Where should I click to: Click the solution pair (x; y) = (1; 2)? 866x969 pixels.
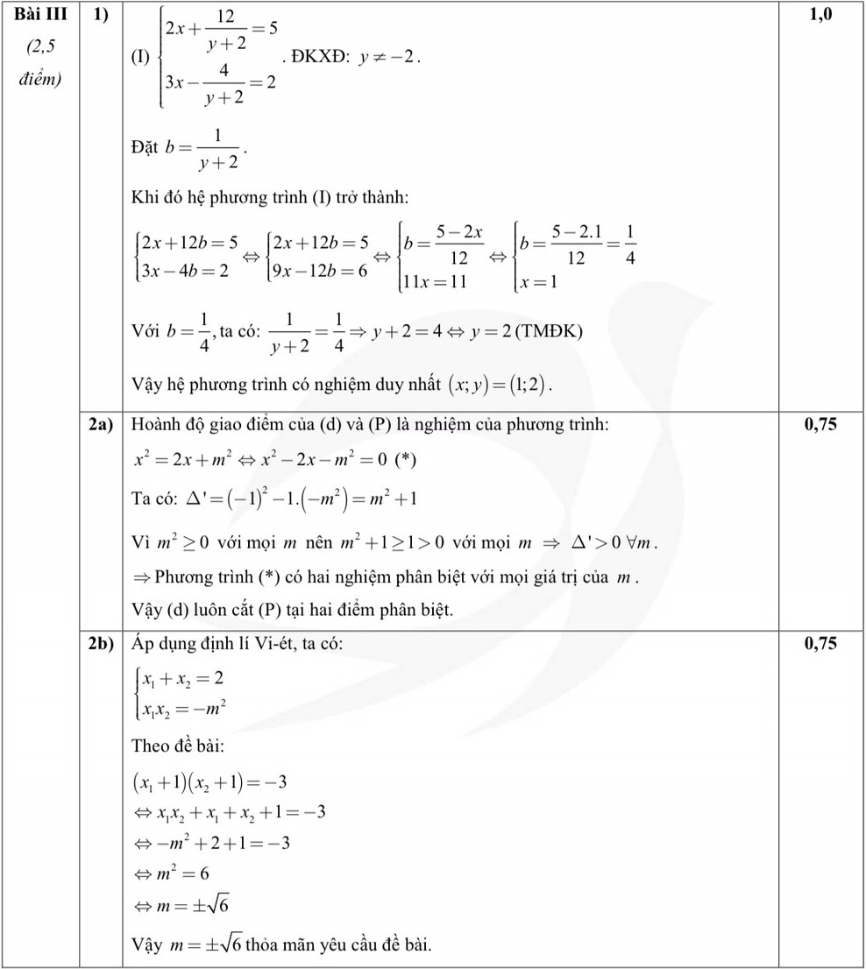pyautogui.click(x=501, y=384)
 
